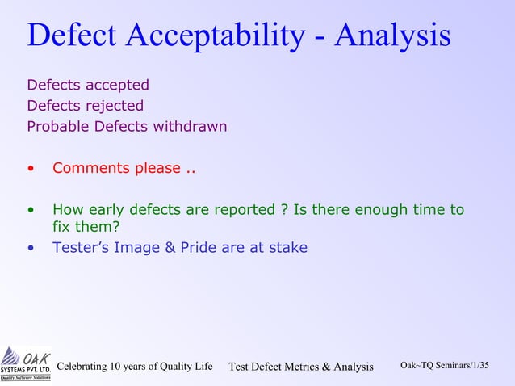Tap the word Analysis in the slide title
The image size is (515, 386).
click(393, 36)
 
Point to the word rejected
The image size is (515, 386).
click(116, 106)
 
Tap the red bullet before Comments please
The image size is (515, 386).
click(31, 169)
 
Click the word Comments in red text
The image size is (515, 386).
click(88, 169)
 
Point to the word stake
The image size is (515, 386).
click(287, 248)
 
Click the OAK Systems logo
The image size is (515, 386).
click(25, 363)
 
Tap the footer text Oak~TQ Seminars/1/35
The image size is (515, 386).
click(445, 366)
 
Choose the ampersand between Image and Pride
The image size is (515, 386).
click(170, 248)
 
